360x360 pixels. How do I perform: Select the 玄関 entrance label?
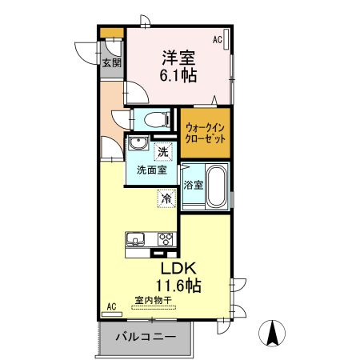pyautogui.click(x=111, y=63)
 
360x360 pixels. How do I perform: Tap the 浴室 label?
pyautogui.click(x=193, y=184)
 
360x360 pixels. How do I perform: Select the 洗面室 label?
pyautogui.click(x=150, y=170)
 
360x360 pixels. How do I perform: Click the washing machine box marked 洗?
pyautogui.click(x=162, y=152)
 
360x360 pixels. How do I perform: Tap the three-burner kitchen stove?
pyautogui.click(x=166, y=238)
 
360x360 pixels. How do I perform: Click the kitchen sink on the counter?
pyautogui.click(x=134, y=238)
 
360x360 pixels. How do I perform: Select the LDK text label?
pyautogui.click(x=182, y=268)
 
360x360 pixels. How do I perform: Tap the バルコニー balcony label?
pyautogui.click(x=144, y=337)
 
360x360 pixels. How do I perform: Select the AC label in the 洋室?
pyautogui.click(x=217, y=38)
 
